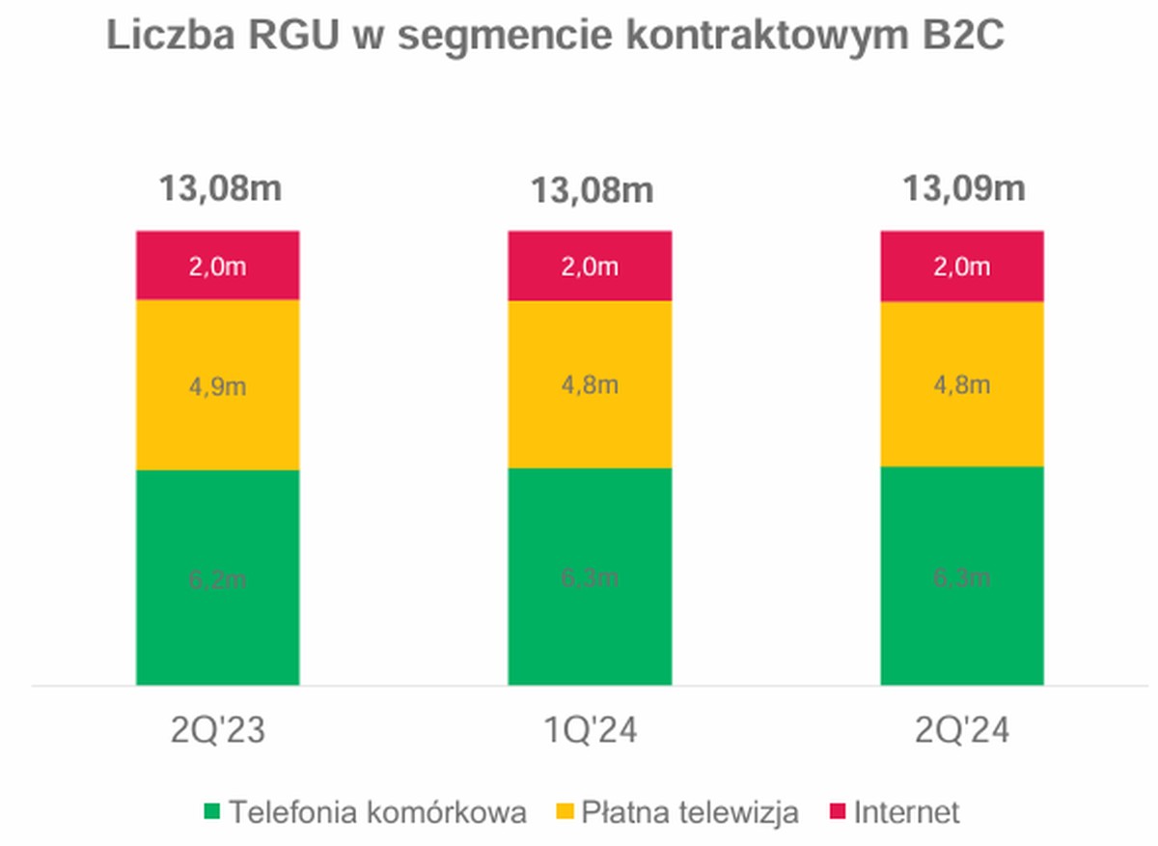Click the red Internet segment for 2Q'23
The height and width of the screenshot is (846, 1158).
(x=217, y=266)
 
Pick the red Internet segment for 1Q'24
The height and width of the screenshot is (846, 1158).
(x=590, y=266)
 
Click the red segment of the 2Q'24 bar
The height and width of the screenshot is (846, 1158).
(x=962, y=267)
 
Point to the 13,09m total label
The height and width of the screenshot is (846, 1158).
(x=963, y=188)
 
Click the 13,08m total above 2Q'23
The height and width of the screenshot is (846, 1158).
(x=220, y=188)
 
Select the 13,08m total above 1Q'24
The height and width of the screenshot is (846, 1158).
(x=591, y=190)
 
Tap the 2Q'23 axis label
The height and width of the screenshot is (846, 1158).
(x=218, y=731)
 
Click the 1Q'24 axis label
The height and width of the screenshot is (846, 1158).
(x=591, y=731)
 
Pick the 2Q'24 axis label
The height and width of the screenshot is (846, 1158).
(x=962, y=731)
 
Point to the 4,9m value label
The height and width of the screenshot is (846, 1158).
(x=217, y=386)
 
